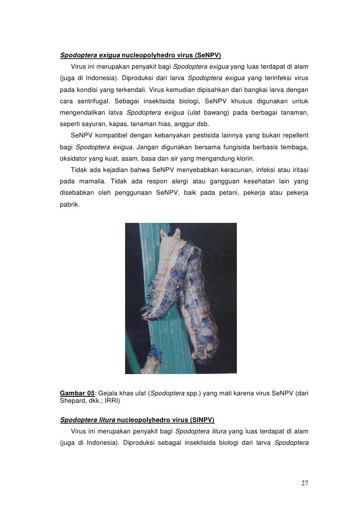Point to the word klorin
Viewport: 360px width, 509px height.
[x=244, y=159]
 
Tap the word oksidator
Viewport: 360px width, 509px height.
[x=75, y=159]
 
